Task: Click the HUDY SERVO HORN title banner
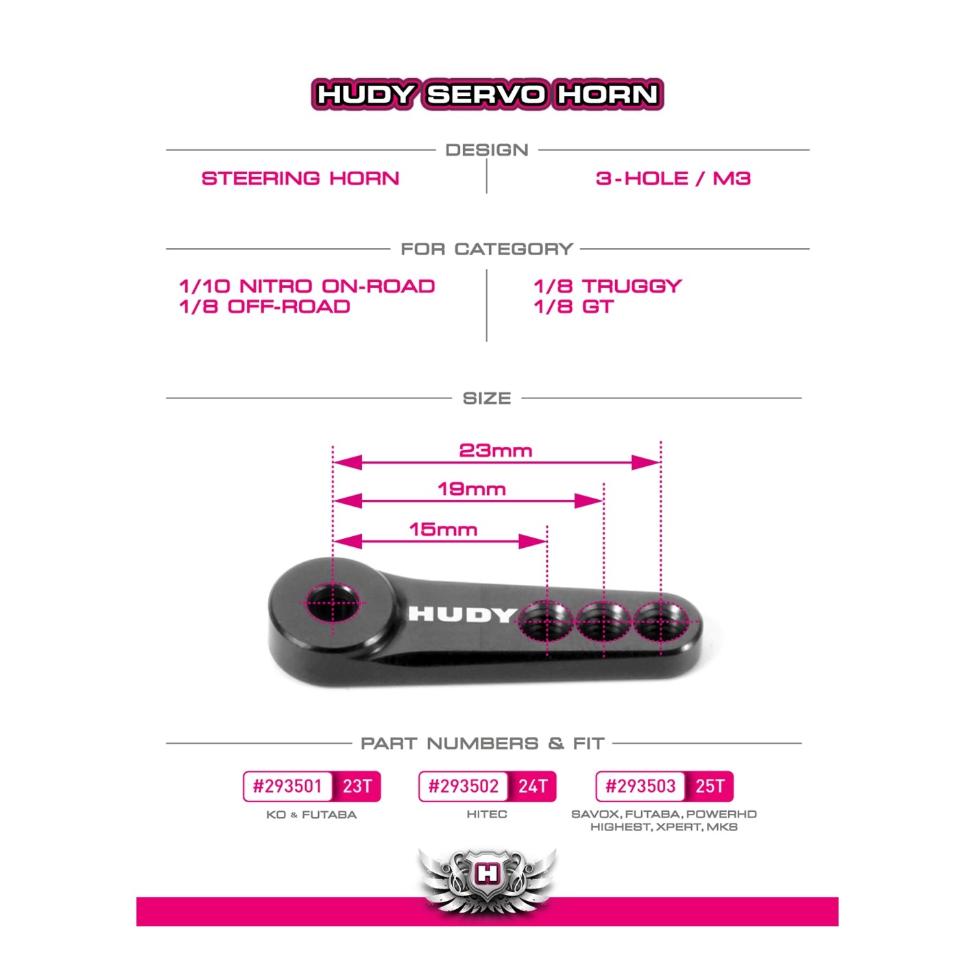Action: click(487, 94)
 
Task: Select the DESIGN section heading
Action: click(487, 149)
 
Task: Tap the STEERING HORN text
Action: click(300, 178)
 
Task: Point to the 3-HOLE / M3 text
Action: click(673, 178)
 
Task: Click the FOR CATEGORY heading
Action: click(487, 249)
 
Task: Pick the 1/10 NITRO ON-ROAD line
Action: click(307, 287)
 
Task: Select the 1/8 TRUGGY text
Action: click(607, 287)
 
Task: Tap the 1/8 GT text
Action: click(574, 306)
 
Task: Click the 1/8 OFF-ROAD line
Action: click(265, 306)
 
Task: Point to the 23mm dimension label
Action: click(495, 450)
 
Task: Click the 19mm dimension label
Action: click(472, 489)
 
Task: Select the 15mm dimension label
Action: click(443, 529)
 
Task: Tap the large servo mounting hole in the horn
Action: click(333, 603)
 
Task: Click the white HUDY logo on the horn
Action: click(462, 615)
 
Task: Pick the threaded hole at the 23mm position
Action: click(660, 621)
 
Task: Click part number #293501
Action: click(287, 786)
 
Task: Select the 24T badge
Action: click(533, 786)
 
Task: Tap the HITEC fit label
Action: click(487, 814)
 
